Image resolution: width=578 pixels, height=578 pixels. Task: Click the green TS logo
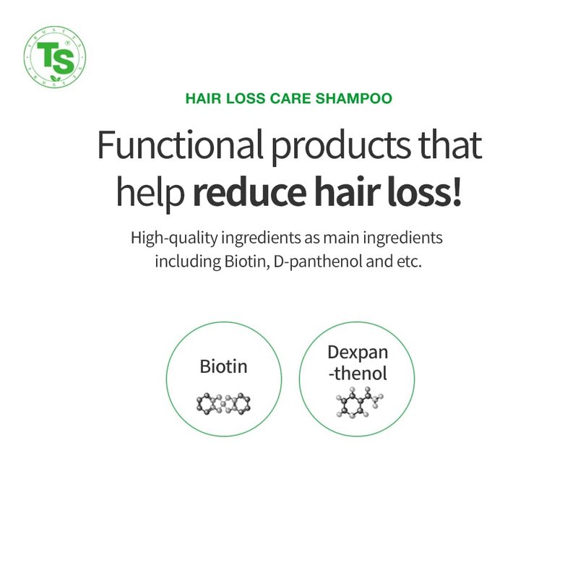(55, 57)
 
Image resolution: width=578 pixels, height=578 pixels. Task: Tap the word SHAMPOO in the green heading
(354, 98)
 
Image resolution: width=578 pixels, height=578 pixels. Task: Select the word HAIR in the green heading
(203, 98)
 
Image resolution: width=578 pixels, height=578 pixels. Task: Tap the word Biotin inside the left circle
(223, 366)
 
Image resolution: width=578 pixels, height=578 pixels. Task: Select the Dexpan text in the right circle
(358, 353)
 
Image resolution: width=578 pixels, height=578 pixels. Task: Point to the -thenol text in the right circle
(358, 374)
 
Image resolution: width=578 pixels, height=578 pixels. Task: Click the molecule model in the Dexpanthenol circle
(359, 402)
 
